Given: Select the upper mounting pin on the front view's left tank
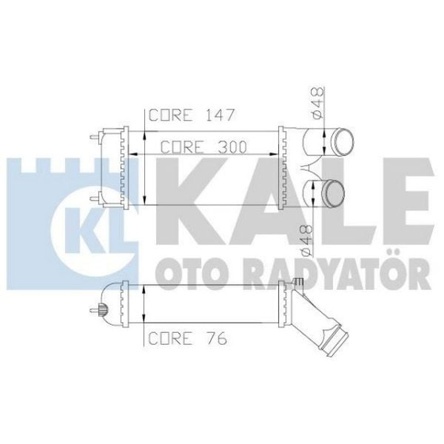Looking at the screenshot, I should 95,138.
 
